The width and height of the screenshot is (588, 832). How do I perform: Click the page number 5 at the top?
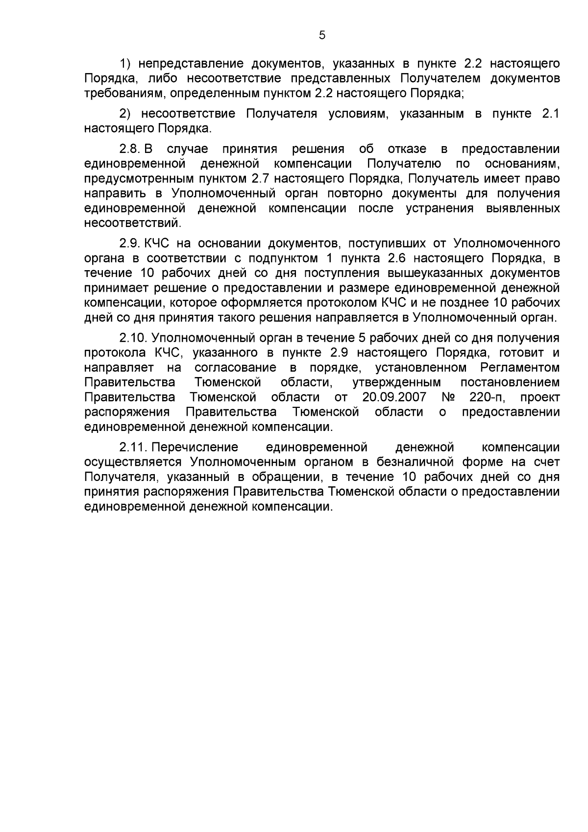(322, 35)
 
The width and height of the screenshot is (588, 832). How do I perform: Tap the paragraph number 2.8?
(130, 149)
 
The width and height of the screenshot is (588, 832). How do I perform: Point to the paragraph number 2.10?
(133, 338)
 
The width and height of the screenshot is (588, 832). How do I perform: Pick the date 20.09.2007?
(394, 397)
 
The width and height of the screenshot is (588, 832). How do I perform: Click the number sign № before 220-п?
(448, 397)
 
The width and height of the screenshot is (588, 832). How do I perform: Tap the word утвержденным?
(396, 382)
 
